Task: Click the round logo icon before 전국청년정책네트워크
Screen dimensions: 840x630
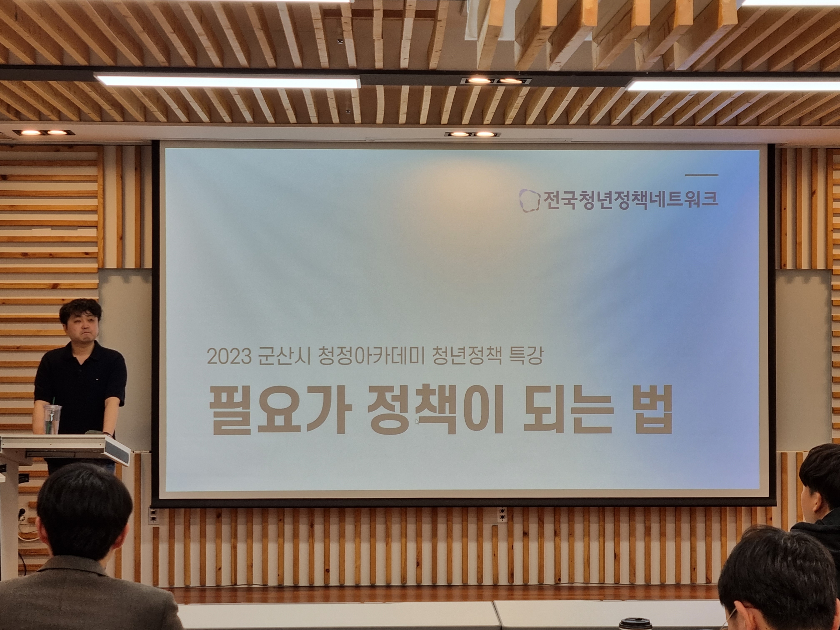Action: click(529, 200)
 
